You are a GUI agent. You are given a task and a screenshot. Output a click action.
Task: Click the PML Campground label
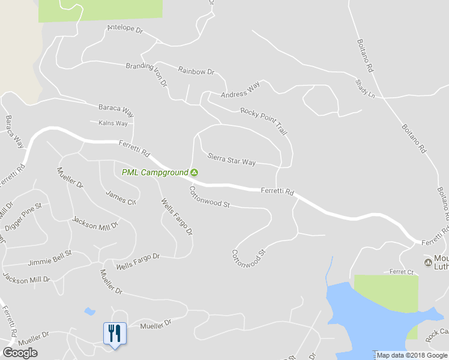pos(155,173)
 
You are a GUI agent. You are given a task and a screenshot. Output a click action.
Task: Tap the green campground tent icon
pos(194,173)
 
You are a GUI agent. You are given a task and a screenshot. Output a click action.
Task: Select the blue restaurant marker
pos(115,334)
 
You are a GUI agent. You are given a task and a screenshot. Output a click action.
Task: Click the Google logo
pos(20,353)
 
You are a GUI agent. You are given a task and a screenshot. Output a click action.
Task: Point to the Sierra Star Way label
pos(232,159)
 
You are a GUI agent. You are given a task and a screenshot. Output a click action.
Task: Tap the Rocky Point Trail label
pos(264,121)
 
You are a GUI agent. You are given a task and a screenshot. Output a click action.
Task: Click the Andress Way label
pos(240,91)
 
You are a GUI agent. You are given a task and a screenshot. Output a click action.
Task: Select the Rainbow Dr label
pos(196,71)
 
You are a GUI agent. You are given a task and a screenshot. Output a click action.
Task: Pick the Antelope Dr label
pos(124,29)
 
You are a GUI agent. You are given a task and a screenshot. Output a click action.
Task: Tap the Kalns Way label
pos(113,124)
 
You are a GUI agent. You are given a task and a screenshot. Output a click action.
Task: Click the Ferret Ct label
pos(402,272)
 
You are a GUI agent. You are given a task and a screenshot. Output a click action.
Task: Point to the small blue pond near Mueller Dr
pos(89,311)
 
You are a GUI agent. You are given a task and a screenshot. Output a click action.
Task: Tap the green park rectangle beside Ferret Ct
pos(386,293)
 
